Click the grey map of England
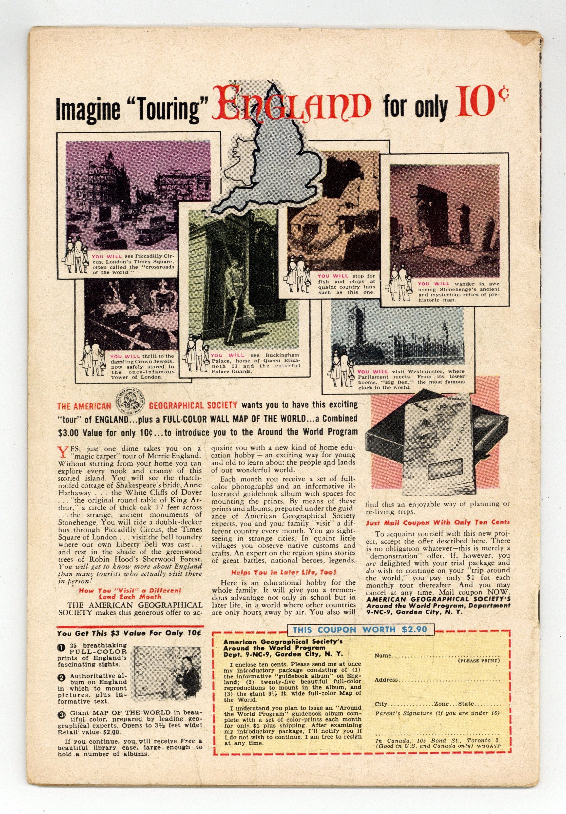[x=270, y=167]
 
